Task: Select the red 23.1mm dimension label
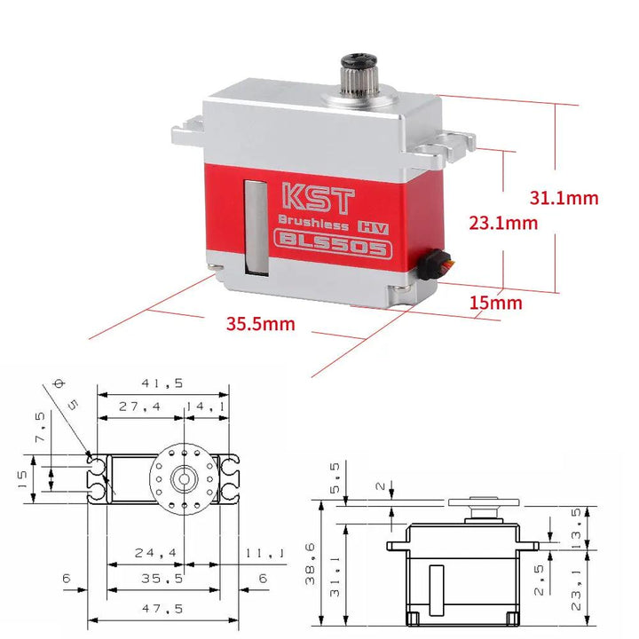[503, 223]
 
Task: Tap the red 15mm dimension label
[495, 303]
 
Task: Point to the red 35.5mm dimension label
[260, 324]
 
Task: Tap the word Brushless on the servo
[312, 222]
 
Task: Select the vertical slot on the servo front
[255, 226]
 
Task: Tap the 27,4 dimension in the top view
[140, 406]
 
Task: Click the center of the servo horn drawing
[184, 477]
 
